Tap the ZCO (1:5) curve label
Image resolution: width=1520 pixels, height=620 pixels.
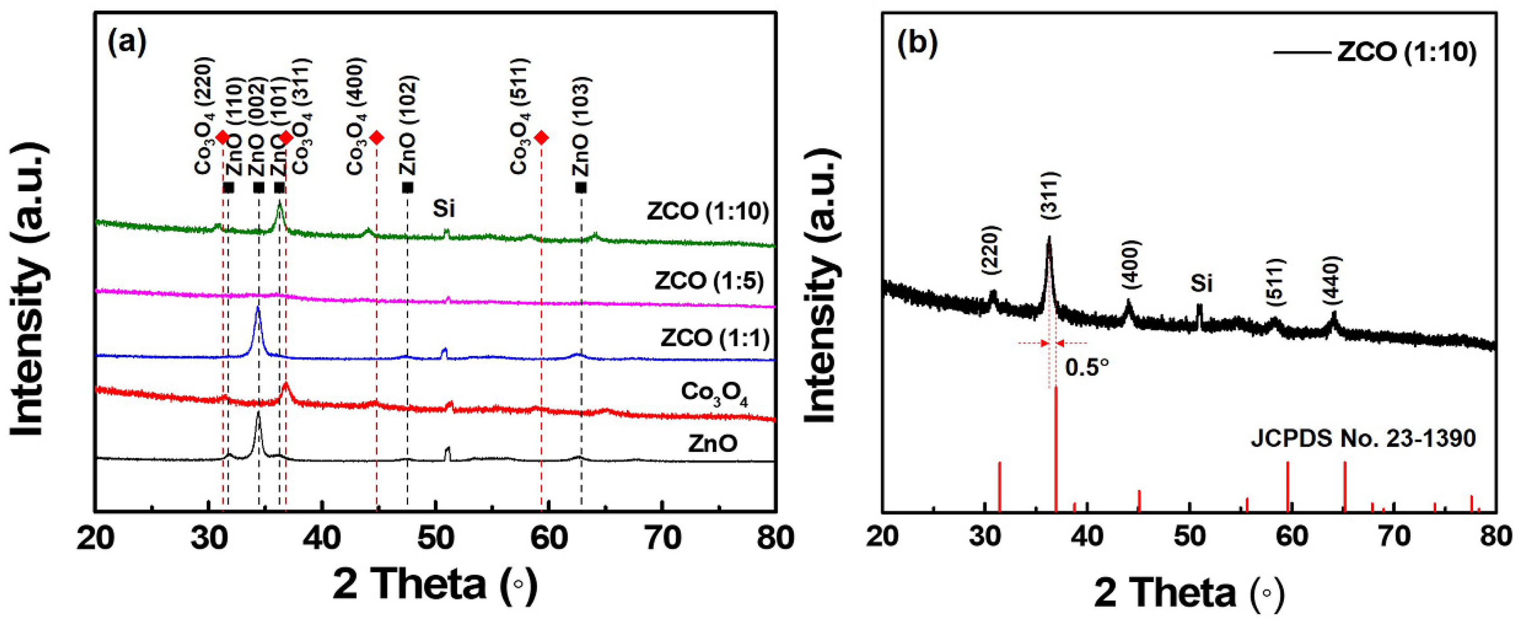pos(709,281)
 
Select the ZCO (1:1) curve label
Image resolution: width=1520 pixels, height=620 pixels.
pos(714,338)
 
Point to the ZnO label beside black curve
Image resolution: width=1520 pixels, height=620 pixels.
pos(712,443)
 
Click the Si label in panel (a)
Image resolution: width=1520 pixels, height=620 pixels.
pos(444,208)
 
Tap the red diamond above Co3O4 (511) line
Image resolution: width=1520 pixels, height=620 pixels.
pos(541,138)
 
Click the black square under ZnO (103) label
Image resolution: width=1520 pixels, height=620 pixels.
pos(581,187)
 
